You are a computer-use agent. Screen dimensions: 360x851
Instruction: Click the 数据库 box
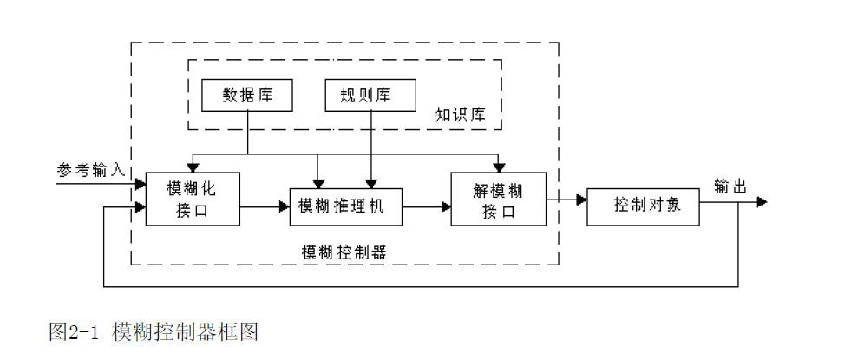coord(247,95)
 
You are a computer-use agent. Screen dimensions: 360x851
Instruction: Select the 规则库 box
coord(370,95)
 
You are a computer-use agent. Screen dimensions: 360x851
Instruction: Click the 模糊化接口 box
coord(191,199)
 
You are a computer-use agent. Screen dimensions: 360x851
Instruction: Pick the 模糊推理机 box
coord(345,206)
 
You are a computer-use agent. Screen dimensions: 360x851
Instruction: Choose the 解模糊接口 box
coord(498,199)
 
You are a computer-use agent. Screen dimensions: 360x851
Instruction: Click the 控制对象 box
coord(643,206)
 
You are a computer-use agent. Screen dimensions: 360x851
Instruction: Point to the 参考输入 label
coord(92,170)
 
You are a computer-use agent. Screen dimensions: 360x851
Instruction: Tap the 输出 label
coord(730,186)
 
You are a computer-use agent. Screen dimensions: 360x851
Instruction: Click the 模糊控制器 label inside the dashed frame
coord(344,252)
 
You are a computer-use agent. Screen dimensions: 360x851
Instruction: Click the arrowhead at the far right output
coord(762,202)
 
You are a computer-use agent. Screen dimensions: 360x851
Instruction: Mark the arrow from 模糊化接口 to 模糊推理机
coord(264,206)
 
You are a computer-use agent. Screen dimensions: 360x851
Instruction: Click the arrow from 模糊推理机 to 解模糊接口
coord(426,206)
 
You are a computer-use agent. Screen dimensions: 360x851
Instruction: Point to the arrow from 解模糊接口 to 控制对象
coord(566,200)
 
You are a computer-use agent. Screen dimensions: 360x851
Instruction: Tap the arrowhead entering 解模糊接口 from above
coord(498,168)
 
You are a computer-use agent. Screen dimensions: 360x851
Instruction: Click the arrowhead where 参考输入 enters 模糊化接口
coord(140,183)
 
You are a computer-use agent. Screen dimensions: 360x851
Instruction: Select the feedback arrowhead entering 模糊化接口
coord(140,207)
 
